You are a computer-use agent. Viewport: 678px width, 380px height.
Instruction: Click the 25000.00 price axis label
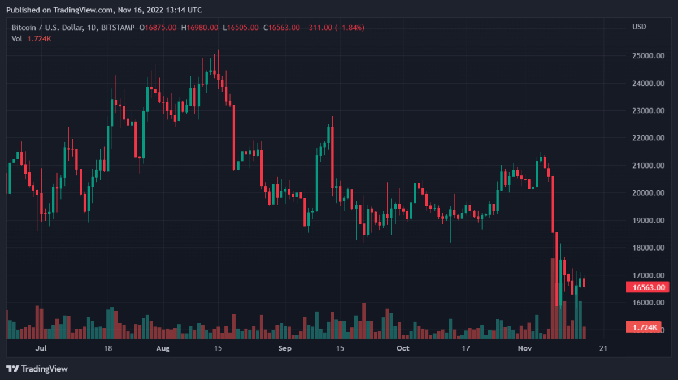click(647, 56)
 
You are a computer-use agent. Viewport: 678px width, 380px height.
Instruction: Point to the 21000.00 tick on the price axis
click(647, 166)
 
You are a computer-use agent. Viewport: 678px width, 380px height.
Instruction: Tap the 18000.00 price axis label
click(647, 248)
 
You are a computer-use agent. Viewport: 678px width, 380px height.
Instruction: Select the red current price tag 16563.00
click(647, 288)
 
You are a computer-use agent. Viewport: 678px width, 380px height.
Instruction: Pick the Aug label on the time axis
click(163, 348)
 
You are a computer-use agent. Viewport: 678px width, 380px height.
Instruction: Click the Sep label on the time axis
click(285, 348)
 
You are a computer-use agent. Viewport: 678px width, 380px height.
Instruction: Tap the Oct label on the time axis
click(402, 348)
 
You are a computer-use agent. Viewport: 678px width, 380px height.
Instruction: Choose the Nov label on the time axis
click(525, 348)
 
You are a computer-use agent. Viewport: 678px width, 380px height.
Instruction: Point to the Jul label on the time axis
click(40, 348)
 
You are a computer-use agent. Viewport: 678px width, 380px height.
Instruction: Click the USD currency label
click(639, 27)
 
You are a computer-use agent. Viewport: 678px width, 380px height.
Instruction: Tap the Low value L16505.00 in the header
click(240, 27)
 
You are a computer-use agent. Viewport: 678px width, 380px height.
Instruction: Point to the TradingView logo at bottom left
click(38, 369)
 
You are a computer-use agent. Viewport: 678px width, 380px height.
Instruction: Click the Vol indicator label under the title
click(17, 38)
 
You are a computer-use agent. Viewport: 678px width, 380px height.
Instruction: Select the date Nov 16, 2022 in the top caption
click(142, 10)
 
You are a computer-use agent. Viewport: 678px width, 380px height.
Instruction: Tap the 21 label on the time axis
click(603, 348)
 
